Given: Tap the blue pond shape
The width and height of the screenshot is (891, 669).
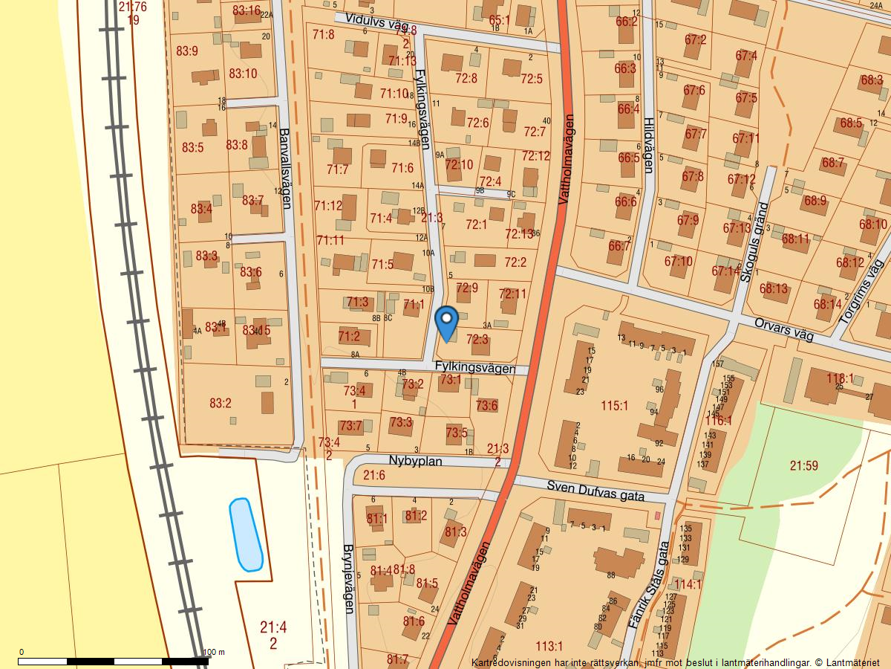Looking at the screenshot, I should click(x=246, y=534).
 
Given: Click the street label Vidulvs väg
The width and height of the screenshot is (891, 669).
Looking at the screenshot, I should click(x=371, y=25).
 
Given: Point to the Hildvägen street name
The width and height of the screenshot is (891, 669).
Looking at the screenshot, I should click(x=648, y=146).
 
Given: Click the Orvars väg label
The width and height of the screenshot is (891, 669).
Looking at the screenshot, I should click(x=783, y=330).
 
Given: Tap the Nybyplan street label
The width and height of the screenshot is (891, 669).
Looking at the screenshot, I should click(x=415, y=462).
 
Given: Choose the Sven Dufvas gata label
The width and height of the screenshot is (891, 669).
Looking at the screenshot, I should click(x=595, y=491).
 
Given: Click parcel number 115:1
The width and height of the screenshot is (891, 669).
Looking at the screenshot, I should click(x=615, y=406).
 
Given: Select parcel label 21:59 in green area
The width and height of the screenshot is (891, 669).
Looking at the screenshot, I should click(x=803, y=466).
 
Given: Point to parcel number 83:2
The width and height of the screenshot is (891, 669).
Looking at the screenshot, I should click(x=221, y=404).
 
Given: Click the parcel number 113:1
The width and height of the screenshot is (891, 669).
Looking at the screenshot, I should click(x=549, y=646).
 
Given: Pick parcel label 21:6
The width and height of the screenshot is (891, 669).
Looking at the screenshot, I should click(x=374, y=476).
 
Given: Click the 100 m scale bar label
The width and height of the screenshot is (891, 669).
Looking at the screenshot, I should click(x=213, y=653).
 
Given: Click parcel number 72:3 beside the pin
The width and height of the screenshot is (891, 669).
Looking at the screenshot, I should click(x=477, y=339).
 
